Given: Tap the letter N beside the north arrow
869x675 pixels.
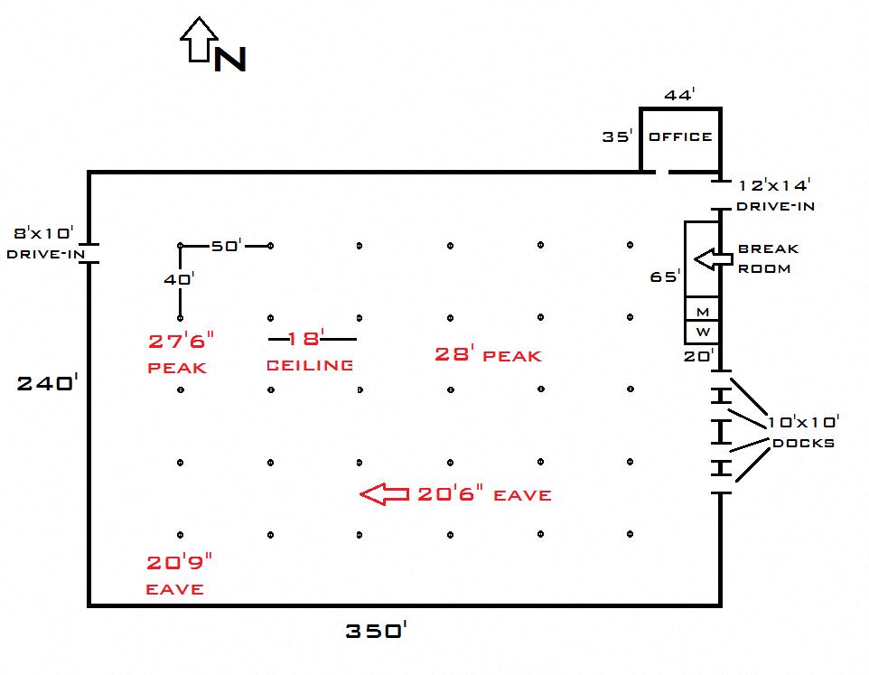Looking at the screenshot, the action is [x=230, y=59].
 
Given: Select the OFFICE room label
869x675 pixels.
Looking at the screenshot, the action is [x=680, y=136].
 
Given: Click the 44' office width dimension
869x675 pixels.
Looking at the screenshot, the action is [x=679, y=95].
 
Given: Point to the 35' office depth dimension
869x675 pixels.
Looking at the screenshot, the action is [x=617, y=136].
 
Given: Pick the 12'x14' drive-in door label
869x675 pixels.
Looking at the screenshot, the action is [x=774, y=185].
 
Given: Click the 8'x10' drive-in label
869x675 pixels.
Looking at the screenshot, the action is [x=43, y=233].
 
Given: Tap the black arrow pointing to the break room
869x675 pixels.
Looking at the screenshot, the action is [x=714, y=258].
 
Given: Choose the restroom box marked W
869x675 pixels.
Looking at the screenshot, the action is [x=702, y=332].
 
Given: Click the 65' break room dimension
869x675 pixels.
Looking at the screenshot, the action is [x=665, y=276].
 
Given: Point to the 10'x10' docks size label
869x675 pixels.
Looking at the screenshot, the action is [x=803, y=422].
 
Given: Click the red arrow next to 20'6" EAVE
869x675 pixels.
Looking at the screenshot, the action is [x=385, y=493].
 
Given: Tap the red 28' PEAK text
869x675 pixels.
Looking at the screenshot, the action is [x=488, y=354].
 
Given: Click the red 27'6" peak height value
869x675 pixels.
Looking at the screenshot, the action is [x=181, y=341].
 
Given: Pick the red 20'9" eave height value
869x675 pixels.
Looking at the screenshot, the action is [x=179, y=562].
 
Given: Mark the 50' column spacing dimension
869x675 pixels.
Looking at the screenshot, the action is [x=226, y=245].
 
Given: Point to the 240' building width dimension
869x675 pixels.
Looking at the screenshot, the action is [x=48, y=382].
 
